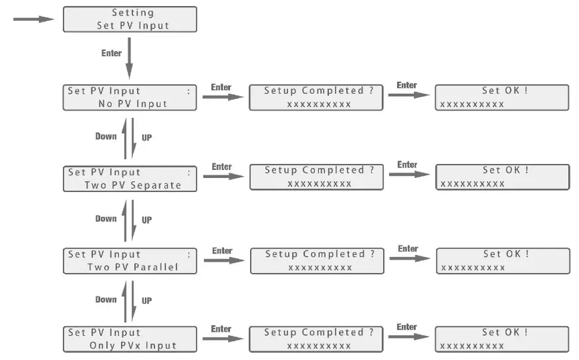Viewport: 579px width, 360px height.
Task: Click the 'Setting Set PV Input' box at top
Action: coord(130,19)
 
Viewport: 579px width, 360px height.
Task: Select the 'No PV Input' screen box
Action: coord(131,98)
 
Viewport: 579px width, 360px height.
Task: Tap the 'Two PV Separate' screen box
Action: coord(131,179)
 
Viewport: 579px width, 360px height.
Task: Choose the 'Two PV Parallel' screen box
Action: coord(131,260)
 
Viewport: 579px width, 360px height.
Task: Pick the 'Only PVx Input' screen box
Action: coord(131,339)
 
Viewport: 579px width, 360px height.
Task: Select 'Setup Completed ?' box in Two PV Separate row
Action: coord(318,177)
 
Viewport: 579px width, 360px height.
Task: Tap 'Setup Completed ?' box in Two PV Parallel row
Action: coord(318,261)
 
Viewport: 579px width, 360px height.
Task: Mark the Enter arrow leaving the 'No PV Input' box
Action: coord(223,98)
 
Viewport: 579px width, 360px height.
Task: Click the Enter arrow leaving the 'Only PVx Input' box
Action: coord(223,339)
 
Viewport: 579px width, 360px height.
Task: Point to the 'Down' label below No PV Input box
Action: coord(106,136)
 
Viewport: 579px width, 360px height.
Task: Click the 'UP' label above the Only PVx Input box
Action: coord(146,301)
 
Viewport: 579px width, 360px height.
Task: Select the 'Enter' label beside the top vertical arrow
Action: coord(112,53)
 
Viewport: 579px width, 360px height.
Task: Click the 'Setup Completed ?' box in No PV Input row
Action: coord(318,98)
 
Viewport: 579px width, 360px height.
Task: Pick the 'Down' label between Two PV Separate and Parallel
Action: coord(106,219)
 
